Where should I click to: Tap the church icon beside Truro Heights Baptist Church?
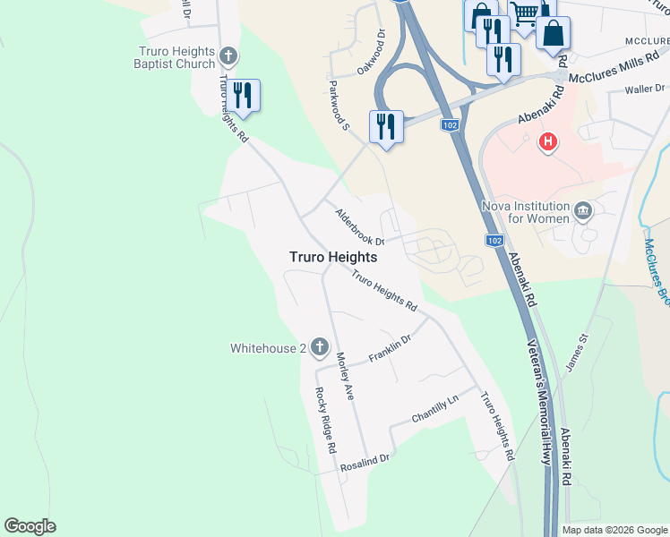(x=228, y=57)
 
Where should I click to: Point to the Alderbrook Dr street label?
(x=359, y=228)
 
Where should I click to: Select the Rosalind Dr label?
(x=365, y=463)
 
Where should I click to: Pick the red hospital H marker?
(x=547, y=141)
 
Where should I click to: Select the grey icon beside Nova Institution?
(x=583, y=211)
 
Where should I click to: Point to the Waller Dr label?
(x=643, y=89)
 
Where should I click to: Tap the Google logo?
(x=30, y=526)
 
